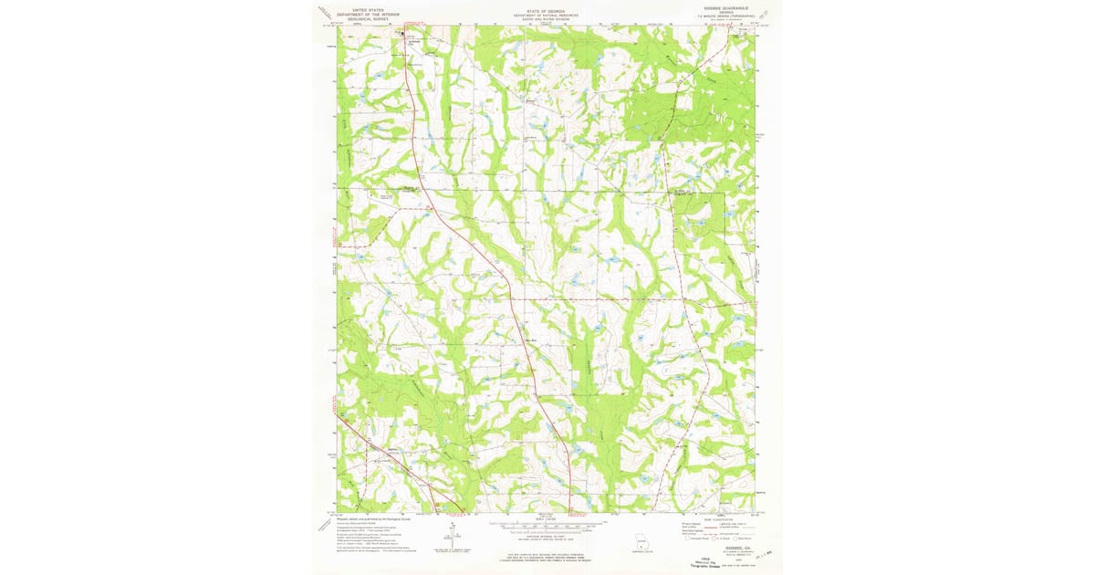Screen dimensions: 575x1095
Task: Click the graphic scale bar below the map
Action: (x=547, y=525)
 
